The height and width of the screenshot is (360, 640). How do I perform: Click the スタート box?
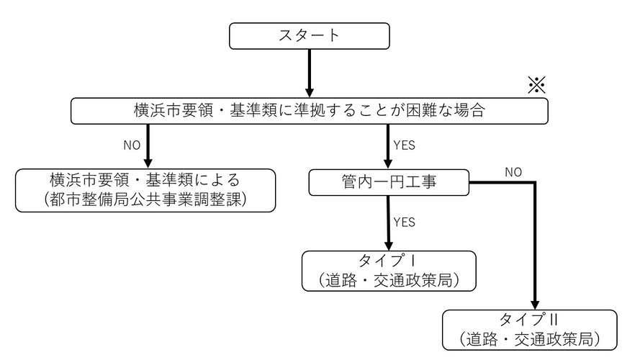310,36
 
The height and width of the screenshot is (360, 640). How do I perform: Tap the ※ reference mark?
537,86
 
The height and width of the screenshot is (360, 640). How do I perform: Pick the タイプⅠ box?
389,270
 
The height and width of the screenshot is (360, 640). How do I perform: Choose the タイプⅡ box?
530,329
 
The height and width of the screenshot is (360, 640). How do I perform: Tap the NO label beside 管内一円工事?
513,172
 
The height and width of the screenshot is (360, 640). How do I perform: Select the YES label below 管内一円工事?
404,222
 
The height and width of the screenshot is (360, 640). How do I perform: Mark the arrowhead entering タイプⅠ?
389,243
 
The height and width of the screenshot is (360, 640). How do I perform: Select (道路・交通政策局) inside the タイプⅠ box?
389,280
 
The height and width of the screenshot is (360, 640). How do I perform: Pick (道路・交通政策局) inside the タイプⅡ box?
530,338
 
